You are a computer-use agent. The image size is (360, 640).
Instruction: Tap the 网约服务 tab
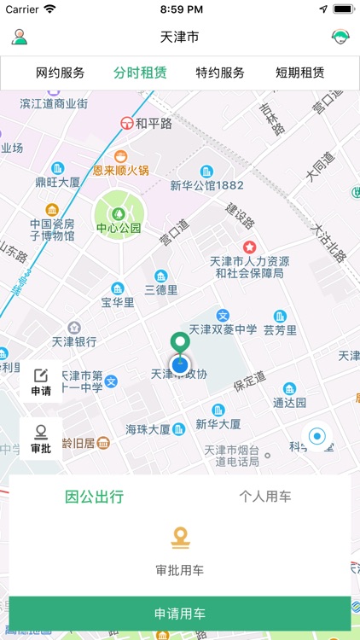(61, 73)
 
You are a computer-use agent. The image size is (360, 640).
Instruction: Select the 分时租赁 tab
(140, 73)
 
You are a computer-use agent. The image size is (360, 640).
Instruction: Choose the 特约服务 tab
(220, 73)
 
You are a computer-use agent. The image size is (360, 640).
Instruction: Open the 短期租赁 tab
(300, 73)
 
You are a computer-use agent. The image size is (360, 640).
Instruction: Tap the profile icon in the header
(19, 37)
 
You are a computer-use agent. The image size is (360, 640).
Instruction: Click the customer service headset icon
(340, 37)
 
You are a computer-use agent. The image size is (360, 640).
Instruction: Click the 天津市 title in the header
(179, 38)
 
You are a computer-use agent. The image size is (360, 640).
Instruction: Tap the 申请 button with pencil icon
(41, 381)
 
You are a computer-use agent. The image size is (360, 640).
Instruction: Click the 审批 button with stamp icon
(41, 439)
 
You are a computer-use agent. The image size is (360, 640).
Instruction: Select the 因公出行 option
(95, 497)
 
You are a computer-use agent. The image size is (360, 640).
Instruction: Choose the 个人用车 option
(265, 497)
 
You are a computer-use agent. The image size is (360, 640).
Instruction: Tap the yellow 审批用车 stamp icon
(180, 538)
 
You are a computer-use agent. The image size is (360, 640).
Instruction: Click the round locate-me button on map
(317, 437)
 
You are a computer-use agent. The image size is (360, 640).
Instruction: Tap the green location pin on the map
(179, 343)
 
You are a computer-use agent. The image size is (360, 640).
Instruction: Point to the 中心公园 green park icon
(119, 211)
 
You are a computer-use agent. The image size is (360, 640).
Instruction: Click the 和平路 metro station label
(147, 123)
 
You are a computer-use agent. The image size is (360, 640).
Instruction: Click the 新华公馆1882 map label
(206, 185)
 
